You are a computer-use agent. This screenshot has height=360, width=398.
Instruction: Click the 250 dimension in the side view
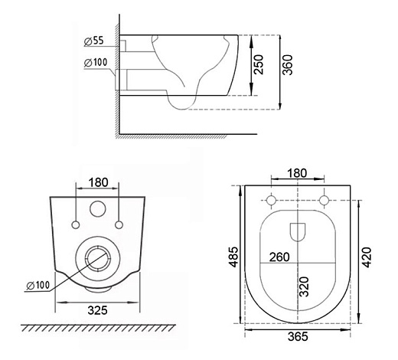pos(259,64)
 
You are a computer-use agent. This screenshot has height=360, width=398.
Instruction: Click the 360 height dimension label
pos(288,65)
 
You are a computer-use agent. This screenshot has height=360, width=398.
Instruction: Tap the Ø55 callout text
pos(94,41)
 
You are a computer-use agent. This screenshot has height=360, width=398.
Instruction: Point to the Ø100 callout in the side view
pos(96,63)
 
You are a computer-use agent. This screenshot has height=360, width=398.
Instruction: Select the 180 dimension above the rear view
pos(98,182)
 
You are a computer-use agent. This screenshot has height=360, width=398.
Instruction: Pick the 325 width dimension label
pos(98,310)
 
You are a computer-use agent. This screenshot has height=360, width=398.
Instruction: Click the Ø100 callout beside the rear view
pos(38,286)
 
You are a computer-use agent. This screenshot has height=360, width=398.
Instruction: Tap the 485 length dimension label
pos(233,257)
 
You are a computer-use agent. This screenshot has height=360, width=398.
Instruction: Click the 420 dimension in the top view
pos(367,257)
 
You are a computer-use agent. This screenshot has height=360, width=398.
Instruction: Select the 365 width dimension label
pos(298,336)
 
